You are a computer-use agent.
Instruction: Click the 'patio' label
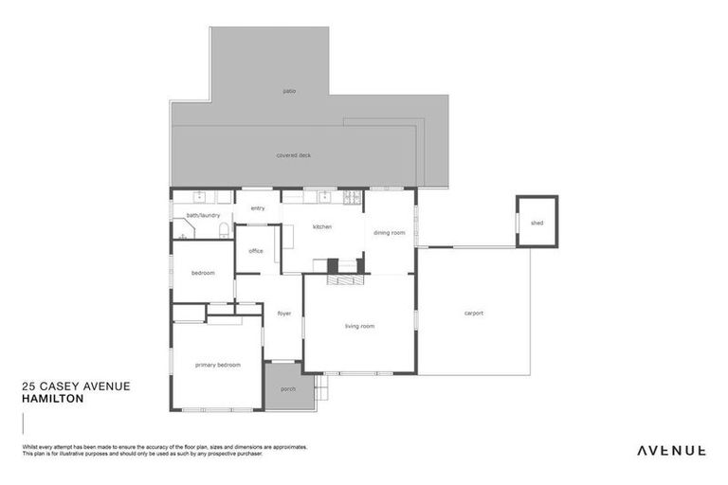[289, 91]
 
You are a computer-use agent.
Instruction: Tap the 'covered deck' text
[293, 155]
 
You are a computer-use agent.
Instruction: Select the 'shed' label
[537, 223]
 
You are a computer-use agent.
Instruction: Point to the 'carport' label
[474, 314]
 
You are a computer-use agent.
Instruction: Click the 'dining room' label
[389, 232]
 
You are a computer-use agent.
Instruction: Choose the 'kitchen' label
[322, 227]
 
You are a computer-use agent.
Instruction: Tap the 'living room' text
[359, 326]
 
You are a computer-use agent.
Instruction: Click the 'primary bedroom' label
[217, 365]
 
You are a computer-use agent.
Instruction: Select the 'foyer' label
[283, 314]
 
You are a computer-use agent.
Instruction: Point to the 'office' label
[256, 251]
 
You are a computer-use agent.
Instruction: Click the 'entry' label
[257, 208]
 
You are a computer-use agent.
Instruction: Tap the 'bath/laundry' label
[203, 215]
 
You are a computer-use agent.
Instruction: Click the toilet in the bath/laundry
[221, 230]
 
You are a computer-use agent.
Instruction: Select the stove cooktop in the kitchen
[352, 197]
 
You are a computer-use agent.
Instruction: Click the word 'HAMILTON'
[52, 399]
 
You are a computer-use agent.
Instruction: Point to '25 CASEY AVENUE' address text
[76, 386]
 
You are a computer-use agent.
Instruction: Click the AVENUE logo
[670, 450]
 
